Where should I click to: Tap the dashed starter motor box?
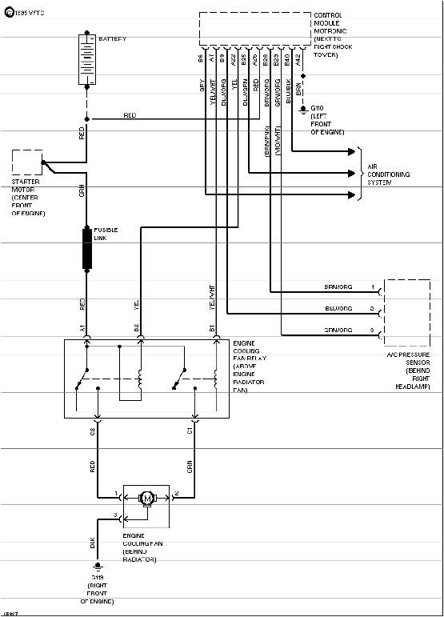27,162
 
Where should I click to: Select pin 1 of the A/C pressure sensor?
372,286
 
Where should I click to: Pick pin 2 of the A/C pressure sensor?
372,308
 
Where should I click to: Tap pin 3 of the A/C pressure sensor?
372,331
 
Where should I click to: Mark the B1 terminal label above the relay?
212,328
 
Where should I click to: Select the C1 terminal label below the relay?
190,431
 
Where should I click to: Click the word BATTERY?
112,38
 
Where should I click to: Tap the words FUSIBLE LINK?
106,233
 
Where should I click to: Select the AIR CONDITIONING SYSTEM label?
388,174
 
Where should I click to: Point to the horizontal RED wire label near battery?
130,116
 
